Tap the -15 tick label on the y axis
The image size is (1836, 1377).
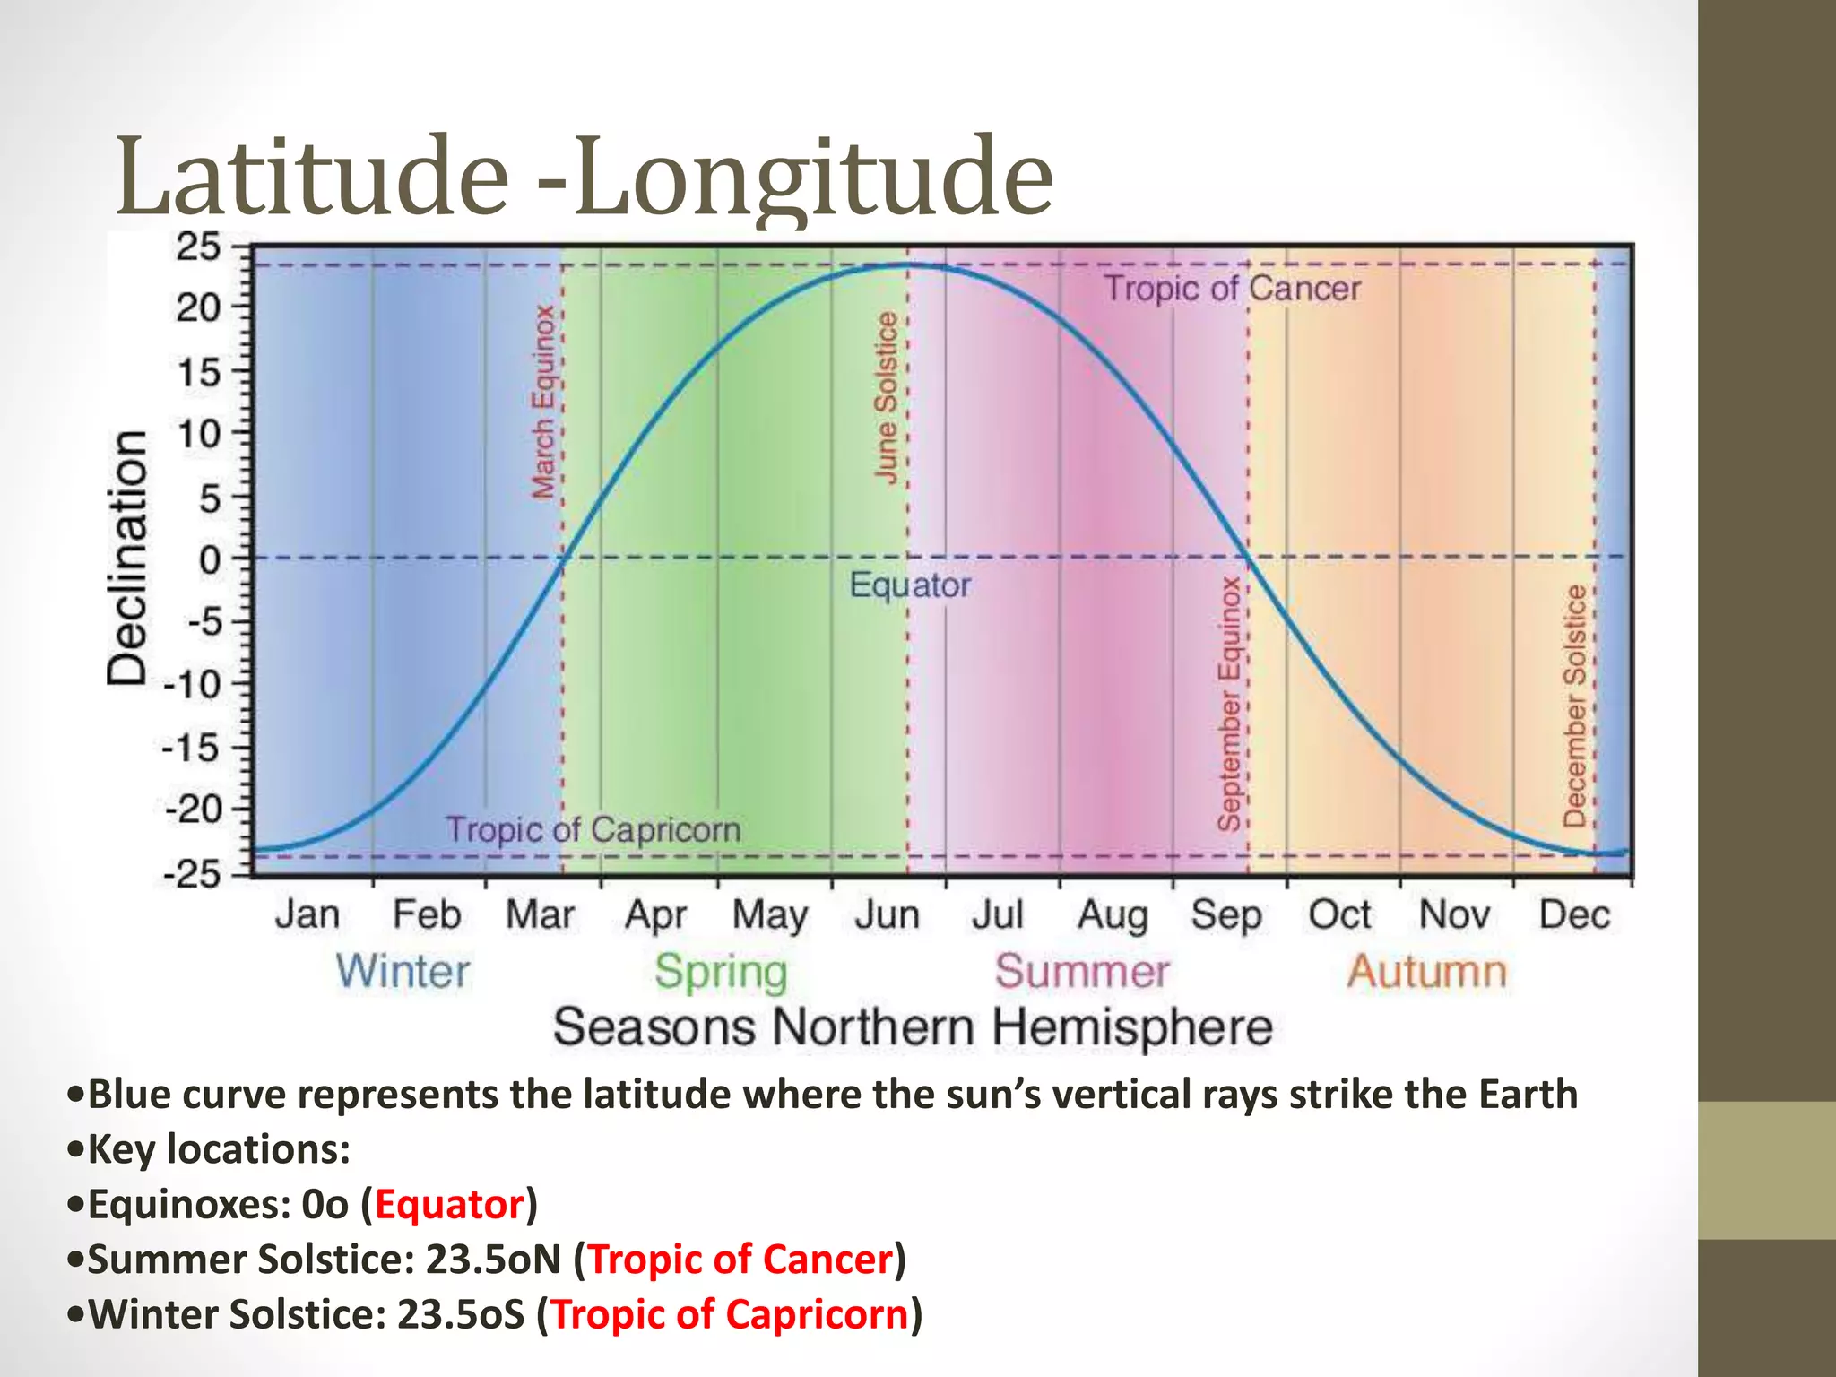[x=191, y=747]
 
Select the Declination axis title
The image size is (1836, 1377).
[x=127, y=558]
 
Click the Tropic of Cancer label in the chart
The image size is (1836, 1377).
[x=1232, y=289]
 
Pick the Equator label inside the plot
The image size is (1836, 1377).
[x=910, y=585]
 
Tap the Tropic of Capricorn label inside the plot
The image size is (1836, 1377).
[x=593, y=829]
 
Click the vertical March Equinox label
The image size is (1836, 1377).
[x=543, y=402]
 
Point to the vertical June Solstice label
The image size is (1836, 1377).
[x=886, y=397]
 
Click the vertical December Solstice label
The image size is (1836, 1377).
[x=1574, y=706]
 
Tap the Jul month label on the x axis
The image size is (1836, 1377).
[x=997, y=915]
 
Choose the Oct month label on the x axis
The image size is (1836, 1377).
[x=1339, y=915]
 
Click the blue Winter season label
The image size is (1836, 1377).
[x=403, y=972]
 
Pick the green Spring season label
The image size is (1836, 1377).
[x=721, y=972]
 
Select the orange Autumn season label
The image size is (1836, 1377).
[x=1426, y=972]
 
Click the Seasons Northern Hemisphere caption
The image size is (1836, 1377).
[x=913, y=1027]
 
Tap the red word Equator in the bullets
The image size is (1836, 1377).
[x=448, y=1204]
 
